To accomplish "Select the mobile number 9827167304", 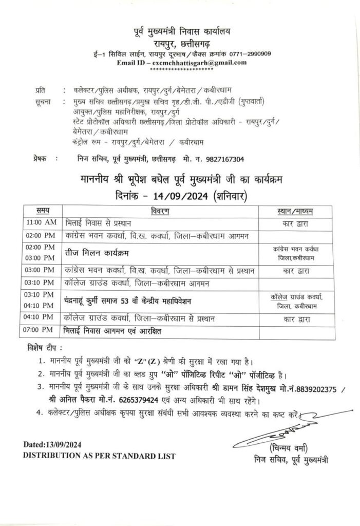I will pos(221,160).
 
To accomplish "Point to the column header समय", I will pos(44,211).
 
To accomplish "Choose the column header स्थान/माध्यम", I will pos(295,211).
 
